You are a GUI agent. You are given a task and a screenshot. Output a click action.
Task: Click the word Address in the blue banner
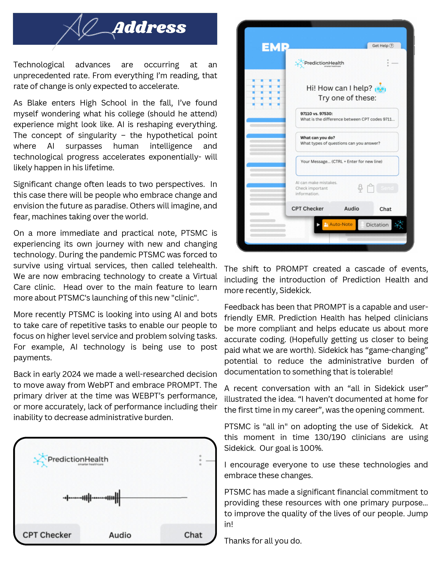click(x=149, y=28)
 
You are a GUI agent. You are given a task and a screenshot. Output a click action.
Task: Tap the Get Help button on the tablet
click(x=383, y=46)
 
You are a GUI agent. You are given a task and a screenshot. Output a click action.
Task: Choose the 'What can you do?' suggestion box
click(x=347, y=142)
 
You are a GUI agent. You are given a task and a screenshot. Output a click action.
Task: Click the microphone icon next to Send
click(x=360, y=188)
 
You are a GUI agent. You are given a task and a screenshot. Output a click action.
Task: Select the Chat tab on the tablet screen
click(x=385, y=209)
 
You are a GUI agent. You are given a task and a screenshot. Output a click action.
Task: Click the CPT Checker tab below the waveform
click(x=47, y=535)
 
